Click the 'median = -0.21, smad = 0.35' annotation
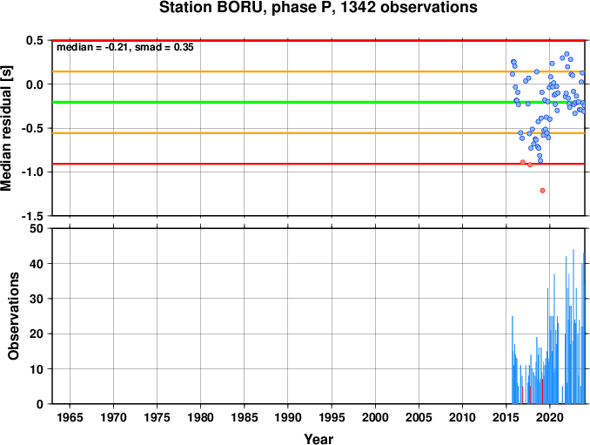[x=125, y=47]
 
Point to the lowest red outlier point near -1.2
[x=542, y=191]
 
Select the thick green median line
[x=318, y=102]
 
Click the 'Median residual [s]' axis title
[x=6, y=128]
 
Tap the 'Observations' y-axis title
[x=13, y=316]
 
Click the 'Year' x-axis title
[x=318, y=439]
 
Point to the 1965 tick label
[x=70, y=417]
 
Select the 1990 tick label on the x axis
[x=288, y=417]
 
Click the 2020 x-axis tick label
[x=550, y=417]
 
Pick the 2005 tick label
[x=419, y=417]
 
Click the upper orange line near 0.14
[x=318, y=71]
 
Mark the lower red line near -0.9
[x=318, y=164]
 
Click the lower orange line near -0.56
[x=318, y=133]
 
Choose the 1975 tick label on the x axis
[x=157, y=417]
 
